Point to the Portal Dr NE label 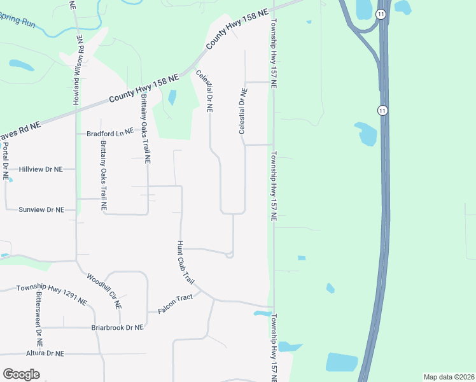[6, 161]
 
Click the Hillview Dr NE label [41, 169]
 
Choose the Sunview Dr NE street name [42, 209]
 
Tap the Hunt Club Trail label [185, 262]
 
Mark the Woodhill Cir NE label [104, 290]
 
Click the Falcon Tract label [174, 310]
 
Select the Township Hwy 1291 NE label [51, 294]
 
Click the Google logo [21, 374]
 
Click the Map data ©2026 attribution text [449, 377]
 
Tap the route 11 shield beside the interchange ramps [381, 14]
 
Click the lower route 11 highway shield [382, 110]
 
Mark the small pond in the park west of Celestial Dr [172, 97]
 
